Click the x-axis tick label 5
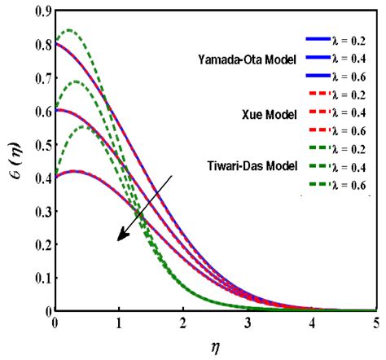click(x=375, y=322)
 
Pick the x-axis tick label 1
click(x=119, y=322)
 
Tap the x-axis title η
click(x=215, y=345)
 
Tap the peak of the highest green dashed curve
click(x=69, y=30)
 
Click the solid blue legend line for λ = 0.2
click(x=321, y=38)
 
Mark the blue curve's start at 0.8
click(x=55, y=42)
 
